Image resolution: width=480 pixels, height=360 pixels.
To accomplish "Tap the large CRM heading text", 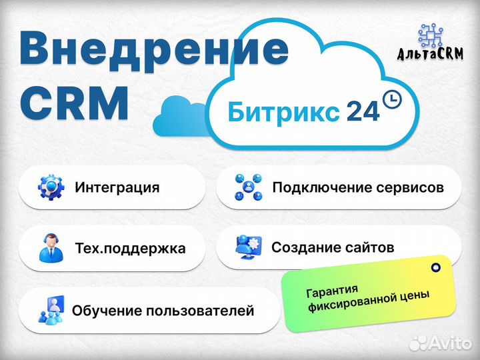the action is pyautogui.click(x=75, y=103).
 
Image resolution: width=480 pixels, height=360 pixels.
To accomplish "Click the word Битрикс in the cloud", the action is pyautogui.click(x=283, y=112).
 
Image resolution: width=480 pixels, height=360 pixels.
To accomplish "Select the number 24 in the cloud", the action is pyautogui.click(x=363, y=112).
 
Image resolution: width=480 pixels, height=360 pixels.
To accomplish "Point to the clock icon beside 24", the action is pyautogui.click(x=392, y=99).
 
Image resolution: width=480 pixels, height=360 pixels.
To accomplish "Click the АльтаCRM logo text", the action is pyautogui.click(x=430, y=53).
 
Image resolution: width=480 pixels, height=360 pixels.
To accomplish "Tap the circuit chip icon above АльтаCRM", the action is pyautogui.click(x=431, y=35).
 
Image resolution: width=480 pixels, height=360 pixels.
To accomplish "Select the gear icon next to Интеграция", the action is pyautogui.click(x=51, y=187).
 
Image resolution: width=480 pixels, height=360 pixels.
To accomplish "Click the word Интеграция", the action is pyautogui.click(x=117, y=187).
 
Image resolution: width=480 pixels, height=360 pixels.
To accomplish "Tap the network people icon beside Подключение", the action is pyautogui.click(x=248, y=187).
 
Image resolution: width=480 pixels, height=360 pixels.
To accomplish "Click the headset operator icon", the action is pyautogui.click(x=51, y=248).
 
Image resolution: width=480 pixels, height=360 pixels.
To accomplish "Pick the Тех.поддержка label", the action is pyautogui.click(x=131, y=248).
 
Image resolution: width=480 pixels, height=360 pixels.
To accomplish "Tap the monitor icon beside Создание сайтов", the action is pyautogui.click(x=248, y=247).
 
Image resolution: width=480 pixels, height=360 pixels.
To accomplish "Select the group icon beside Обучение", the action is pyautogui.click(x=51, y=309).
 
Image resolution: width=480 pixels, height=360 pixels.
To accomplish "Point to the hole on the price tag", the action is pyautogui.click(x=435, y=267).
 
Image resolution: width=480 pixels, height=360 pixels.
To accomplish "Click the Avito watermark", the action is pyautogui.click(x=440, y=343).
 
